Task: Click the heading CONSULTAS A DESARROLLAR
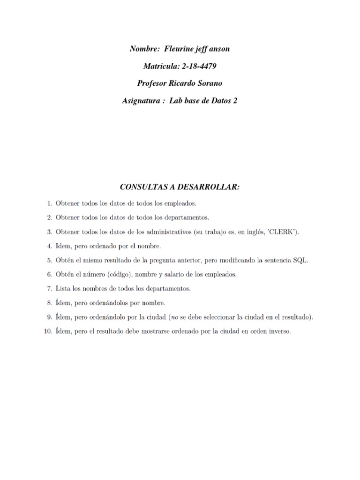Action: coord(180,187)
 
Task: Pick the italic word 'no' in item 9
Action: coord(174,317)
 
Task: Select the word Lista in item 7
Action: coord(63,289)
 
